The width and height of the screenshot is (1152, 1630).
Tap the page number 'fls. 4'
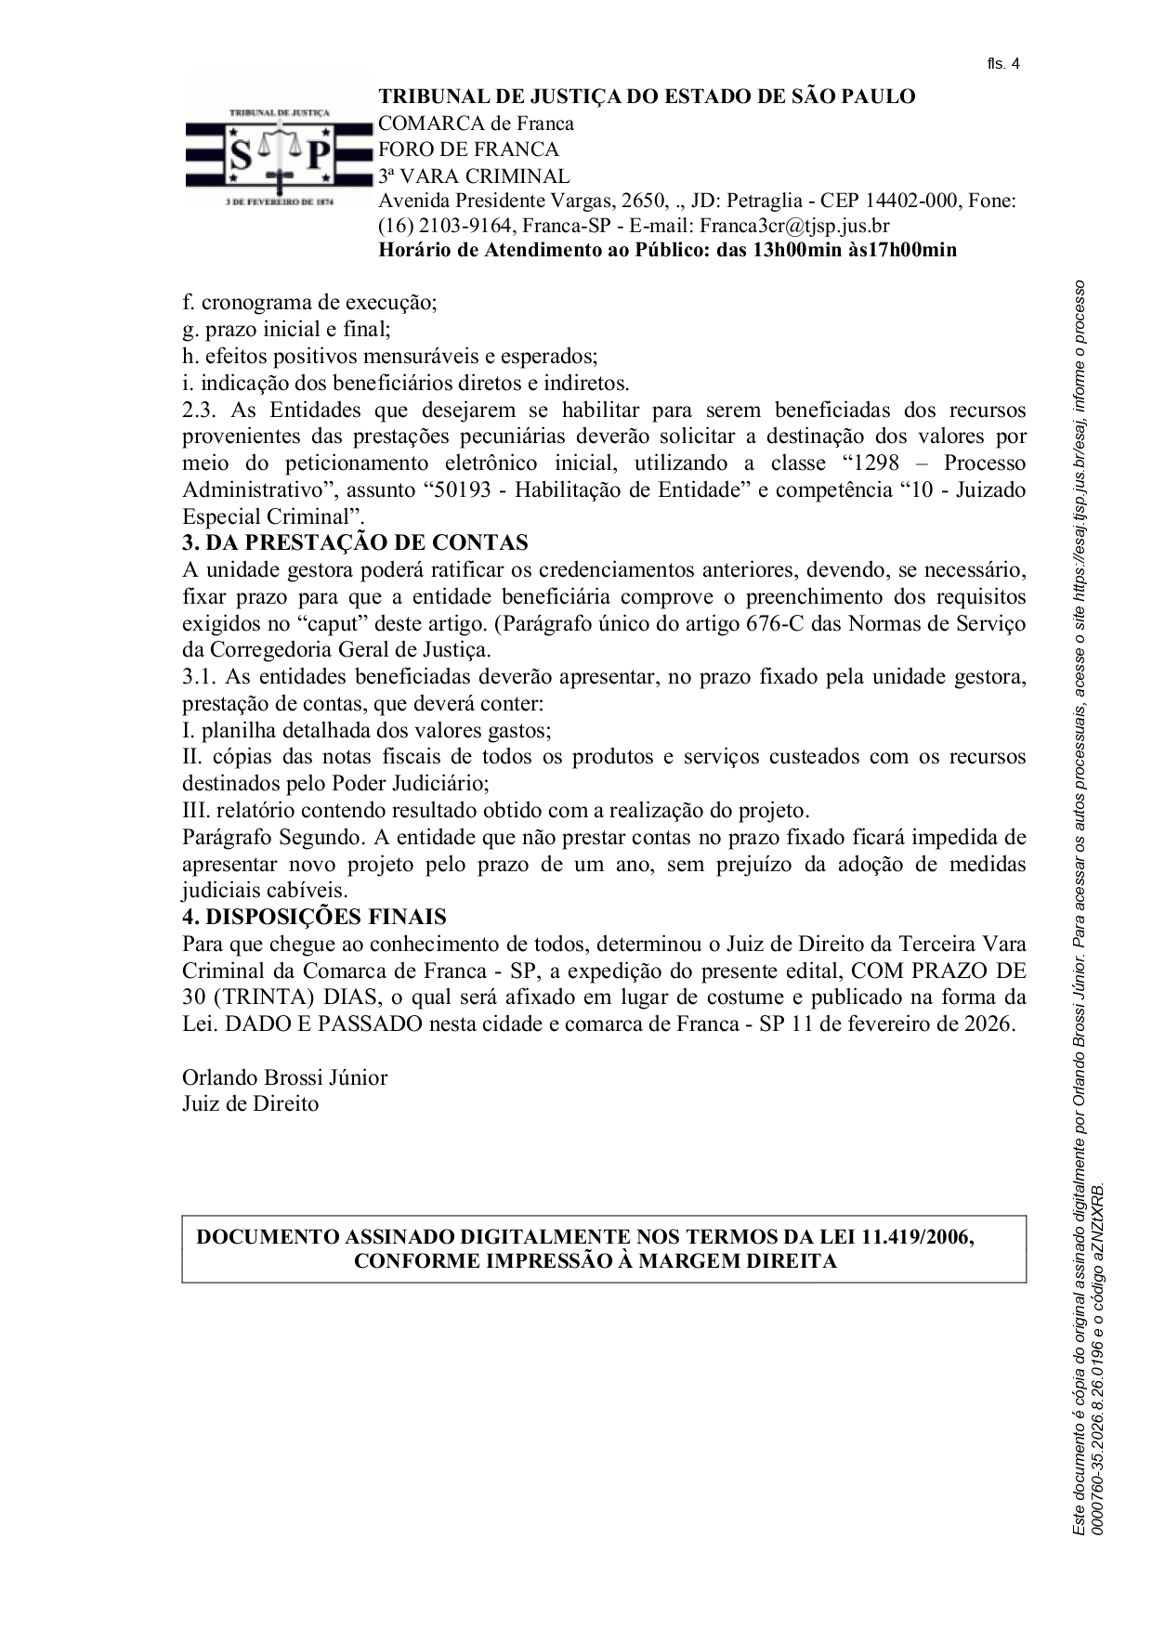pos(1002,64)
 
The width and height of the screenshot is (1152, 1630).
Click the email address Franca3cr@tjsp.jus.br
pos(794,225)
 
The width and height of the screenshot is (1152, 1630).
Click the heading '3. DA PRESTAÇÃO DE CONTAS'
pos(355,542)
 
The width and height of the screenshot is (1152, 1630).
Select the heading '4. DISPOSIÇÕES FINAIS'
pos(314,917)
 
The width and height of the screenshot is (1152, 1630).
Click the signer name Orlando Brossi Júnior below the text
pos(284,1077)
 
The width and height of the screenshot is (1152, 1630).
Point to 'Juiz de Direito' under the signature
pos(250,1104)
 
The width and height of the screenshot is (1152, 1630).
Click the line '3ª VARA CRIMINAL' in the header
pos(473,176)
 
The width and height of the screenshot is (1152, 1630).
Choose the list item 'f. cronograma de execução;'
pos(309,302)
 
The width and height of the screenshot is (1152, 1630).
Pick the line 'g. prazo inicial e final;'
pos(286,329)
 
